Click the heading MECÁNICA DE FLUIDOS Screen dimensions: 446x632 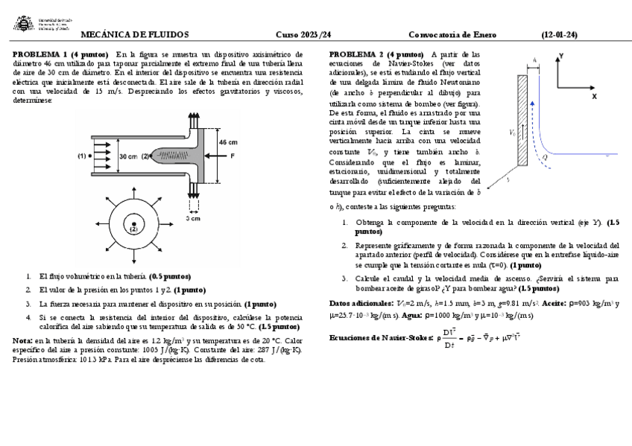[134, 34]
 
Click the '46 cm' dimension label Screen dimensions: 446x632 [228, 141]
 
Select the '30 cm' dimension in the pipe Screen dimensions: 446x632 [127, 156]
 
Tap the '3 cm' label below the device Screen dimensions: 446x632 [193, 218]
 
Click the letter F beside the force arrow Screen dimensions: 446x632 [233, 156]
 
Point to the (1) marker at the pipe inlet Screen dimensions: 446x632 [82, 156]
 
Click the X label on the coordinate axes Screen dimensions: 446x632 [593, 97]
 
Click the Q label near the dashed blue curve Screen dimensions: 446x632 [545, 157]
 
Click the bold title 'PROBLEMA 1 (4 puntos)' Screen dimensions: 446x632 [62, 54]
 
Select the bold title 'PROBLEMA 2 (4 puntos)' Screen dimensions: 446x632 [376, 54]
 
